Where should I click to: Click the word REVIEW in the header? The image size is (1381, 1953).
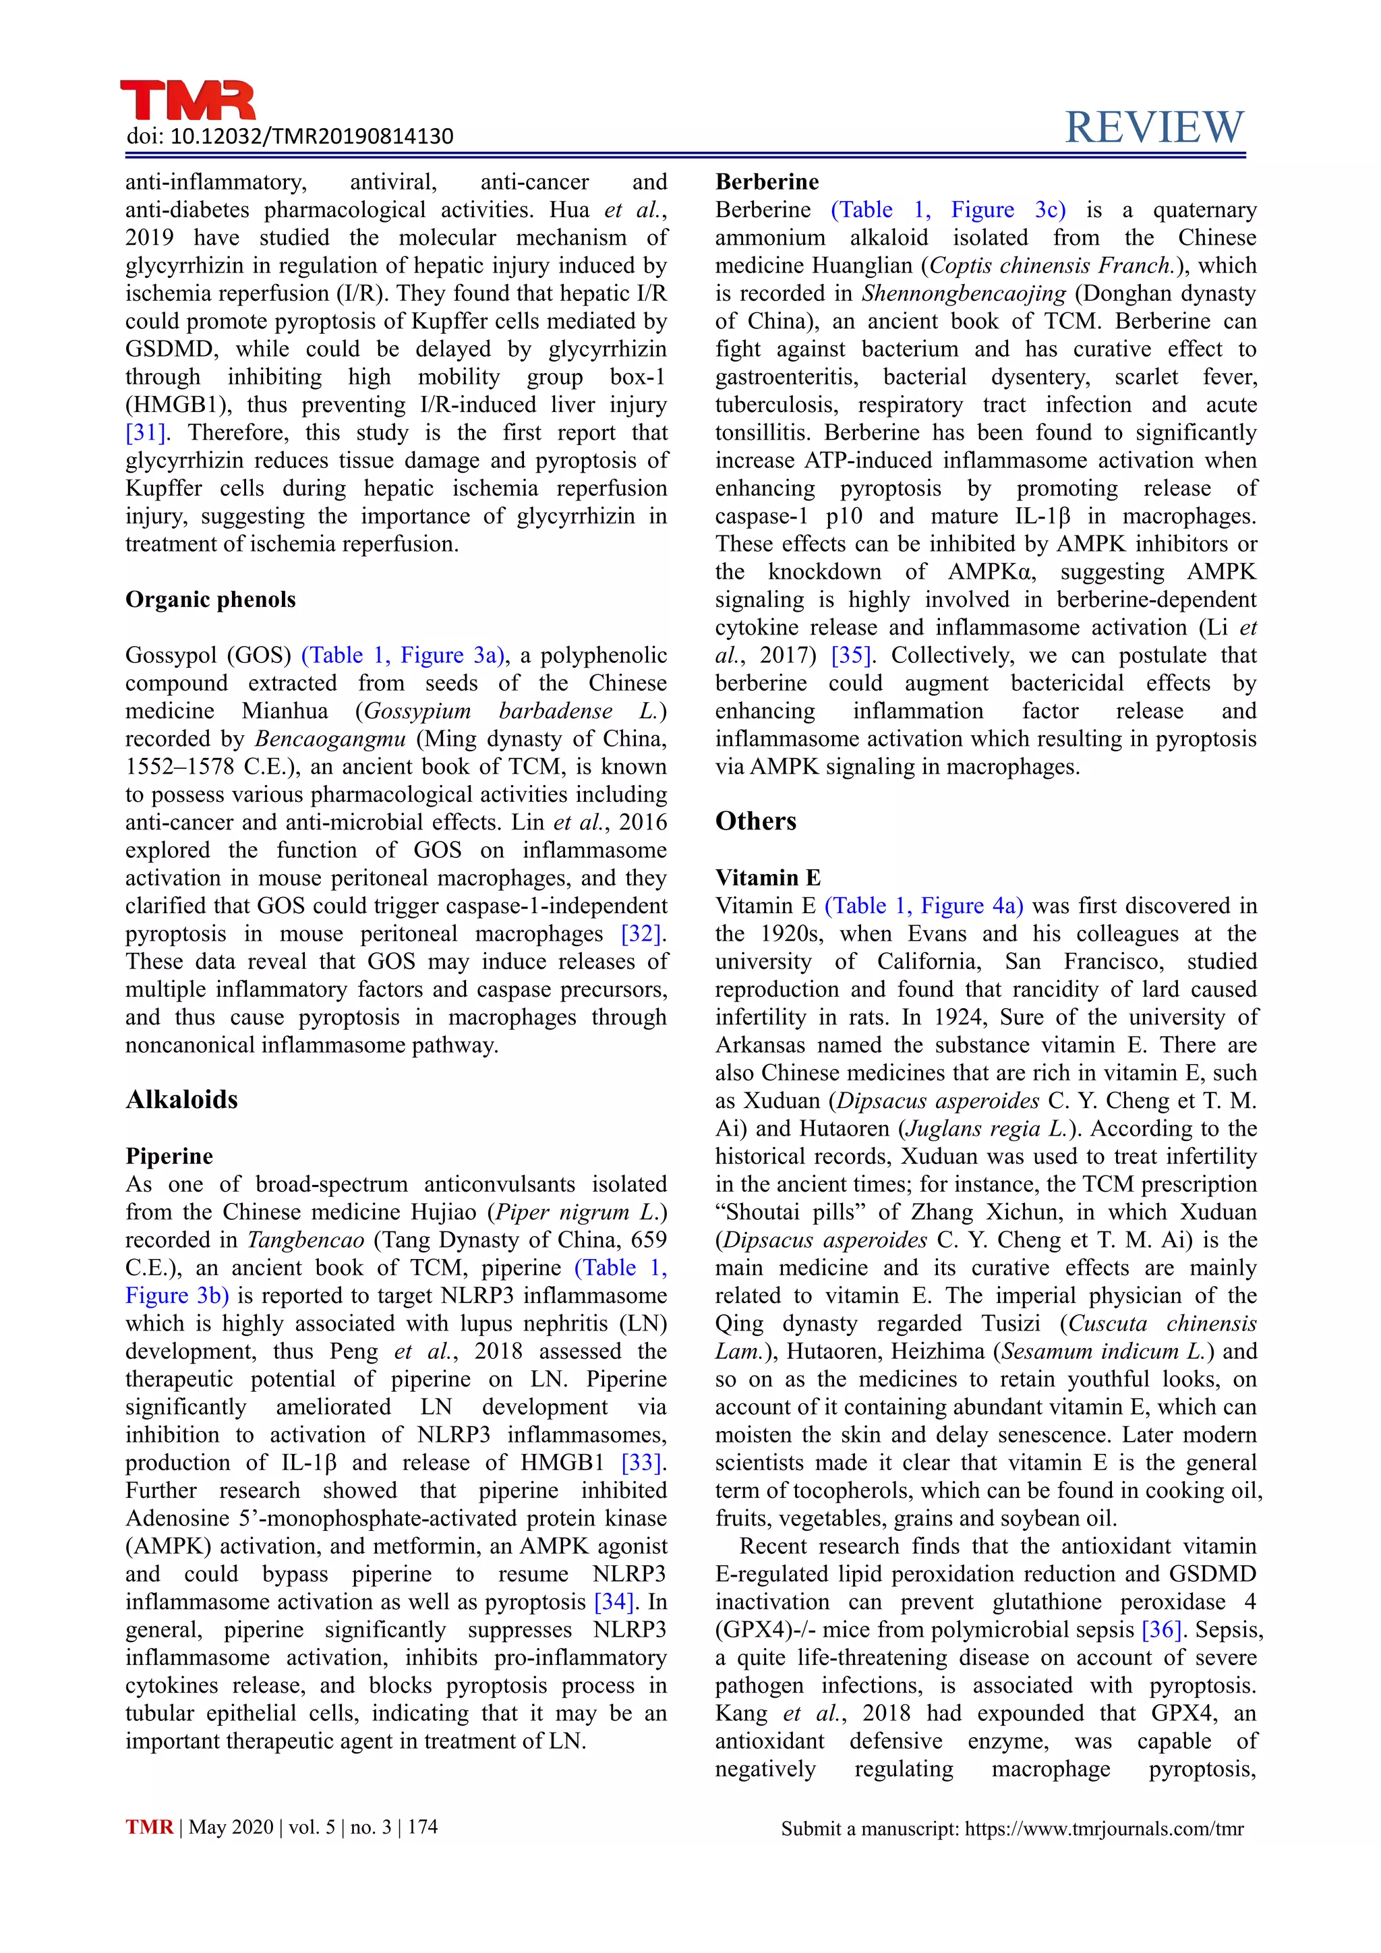[1154, 127]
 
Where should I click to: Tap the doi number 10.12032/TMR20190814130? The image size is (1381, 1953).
[312, 136]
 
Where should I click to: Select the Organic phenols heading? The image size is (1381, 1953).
[210, 600]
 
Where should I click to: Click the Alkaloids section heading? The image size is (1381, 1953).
[182, 1100]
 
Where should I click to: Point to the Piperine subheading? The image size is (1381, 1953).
[169, 1156]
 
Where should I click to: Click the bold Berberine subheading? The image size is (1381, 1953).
[766, 182]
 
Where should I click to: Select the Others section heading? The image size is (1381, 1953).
[755, 821]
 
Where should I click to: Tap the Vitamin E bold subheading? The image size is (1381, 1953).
[767, 878]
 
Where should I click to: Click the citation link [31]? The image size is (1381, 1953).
[146, 433]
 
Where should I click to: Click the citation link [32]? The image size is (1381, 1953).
[642, 934]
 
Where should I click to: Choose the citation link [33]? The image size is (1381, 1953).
[642, 1463]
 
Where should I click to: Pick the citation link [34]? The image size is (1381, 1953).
[615, 1602]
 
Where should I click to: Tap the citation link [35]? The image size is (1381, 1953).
[850, 655]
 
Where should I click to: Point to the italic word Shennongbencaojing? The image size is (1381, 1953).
[964, 293]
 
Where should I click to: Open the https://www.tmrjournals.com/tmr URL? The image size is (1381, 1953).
[1104, 1829]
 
